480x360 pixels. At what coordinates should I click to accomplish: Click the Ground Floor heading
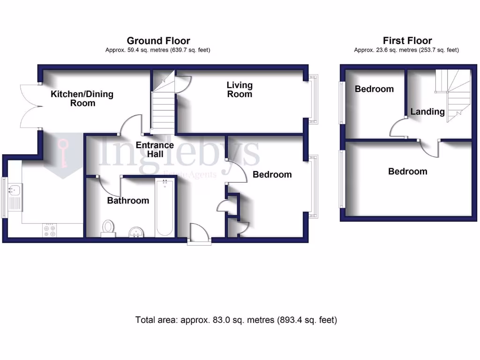click(158, 41)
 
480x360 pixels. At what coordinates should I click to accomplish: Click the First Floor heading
click(407, 41)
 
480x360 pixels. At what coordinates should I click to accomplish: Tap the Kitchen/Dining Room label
click(82, 98)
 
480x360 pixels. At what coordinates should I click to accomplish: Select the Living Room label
click(240, 90)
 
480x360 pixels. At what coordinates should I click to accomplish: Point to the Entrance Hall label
click(155, 150)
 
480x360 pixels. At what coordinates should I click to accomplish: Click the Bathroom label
click(128, 201)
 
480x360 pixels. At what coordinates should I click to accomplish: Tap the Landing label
click(427, 112)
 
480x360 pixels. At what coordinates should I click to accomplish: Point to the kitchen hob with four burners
click(50, 230)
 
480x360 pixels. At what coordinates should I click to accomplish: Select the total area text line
click(236, 320)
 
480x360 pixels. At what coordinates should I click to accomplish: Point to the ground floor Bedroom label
click(272, 174)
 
